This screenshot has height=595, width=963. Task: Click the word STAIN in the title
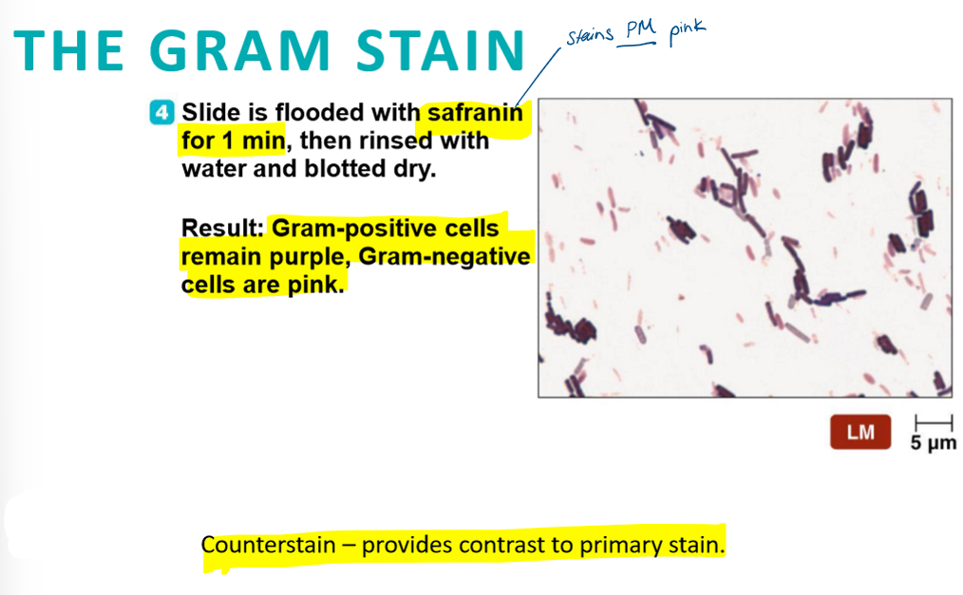point(441,51)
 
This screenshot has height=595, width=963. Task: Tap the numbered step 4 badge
point(162,112)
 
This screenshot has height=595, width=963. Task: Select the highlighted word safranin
point(475,112)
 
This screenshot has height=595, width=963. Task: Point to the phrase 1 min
point(254,140)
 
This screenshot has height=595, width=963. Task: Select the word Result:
point(222,228)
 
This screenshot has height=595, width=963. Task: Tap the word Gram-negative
point(444,256)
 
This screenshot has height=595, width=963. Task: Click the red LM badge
point(860,433)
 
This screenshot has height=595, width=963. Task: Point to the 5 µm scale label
point(933,443)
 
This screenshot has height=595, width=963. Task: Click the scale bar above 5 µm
point(934,422)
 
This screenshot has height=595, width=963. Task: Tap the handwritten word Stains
point(589,35)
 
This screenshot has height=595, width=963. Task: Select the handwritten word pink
point(687,31)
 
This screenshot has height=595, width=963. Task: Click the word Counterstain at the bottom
point(268,545)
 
